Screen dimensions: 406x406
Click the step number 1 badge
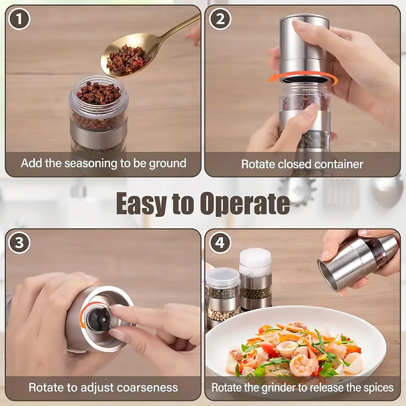[x=19, y=19]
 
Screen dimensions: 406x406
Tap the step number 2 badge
[x=220, y=19]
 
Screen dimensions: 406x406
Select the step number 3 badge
[x=19, y=243]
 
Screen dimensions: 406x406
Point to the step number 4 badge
[x=220, y=243]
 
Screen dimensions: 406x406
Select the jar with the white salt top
[x=255, y=278]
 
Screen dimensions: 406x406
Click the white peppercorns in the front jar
[x=223, y=314]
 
